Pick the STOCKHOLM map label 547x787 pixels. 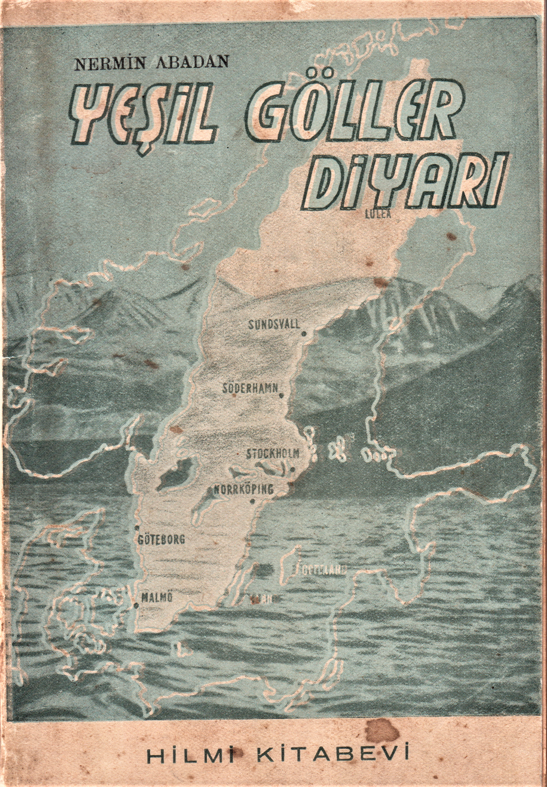(x=274, y=454)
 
